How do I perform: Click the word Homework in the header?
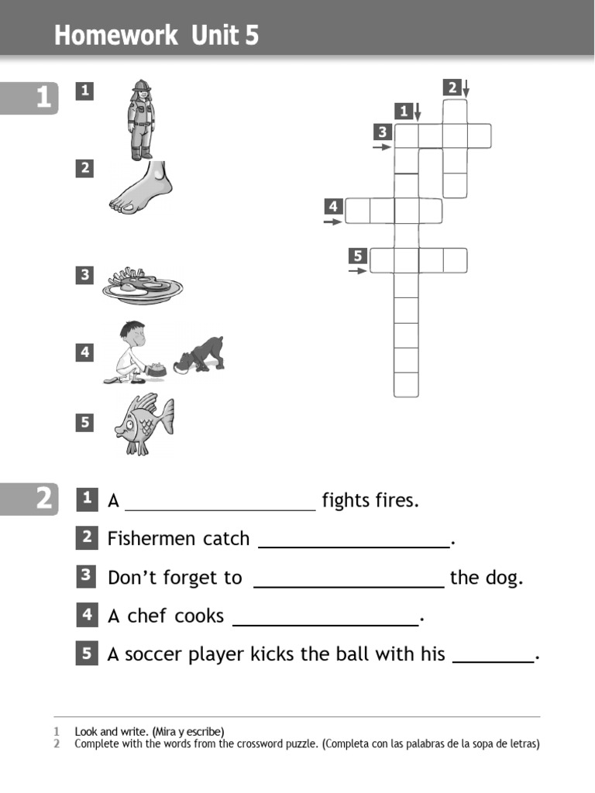coord(103,36)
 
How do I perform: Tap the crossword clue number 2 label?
coord(452,88)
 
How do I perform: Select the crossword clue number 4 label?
coord(333,206)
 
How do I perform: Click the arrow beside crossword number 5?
coord(357,271)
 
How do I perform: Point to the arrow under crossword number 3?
coord(382,146)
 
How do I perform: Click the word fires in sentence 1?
coord(394,500)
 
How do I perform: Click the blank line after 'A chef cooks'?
coord(325,623)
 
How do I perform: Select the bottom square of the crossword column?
coord(406,384)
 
